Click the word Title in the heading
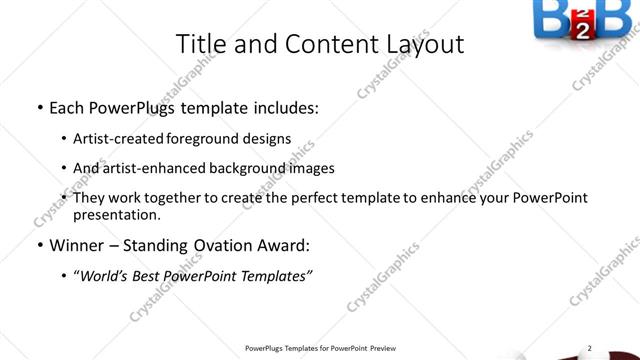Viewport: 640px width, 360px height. coord(200,45)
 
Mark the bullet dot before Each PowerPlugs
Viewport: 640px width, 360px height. coord(38,108)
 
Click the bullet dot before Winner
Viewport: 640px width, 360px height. coord(38,245)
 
